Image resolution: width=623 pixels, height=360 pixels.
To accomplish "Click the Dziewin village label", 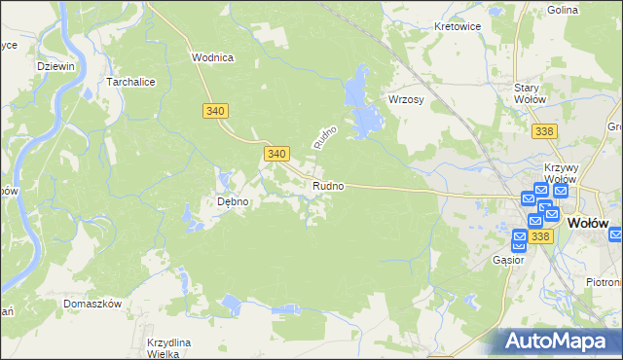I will (x=55, y=66).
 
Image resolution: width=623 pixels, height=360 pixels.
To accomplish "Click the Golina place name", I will (x=590, y=9).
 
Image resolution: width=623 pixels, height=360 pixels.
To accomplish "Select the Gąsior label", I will (x=508, y=260).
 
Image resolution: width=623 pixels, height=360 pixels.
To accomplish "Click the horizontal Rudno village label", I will (x=327, y=186).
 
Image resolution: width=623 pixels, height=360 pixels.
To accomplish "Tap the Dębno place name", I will (x=233, y=202).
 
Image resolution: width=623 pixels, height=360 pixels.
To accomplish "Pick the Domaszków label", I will (x=92, y=304).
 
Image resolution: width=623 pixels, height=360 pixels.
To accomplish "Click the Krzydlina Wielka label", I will (x=169, y=348).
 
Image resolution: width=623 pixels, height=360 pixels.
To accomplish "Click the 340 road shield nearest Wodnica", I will (x=216, y=111).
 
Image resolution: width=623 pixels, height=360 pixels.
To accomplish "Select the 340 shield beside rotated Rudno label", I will (x=276, y=154).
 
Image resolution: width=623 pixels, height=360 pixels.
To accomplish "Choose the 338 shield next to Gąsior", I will (x=541, y=236).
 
